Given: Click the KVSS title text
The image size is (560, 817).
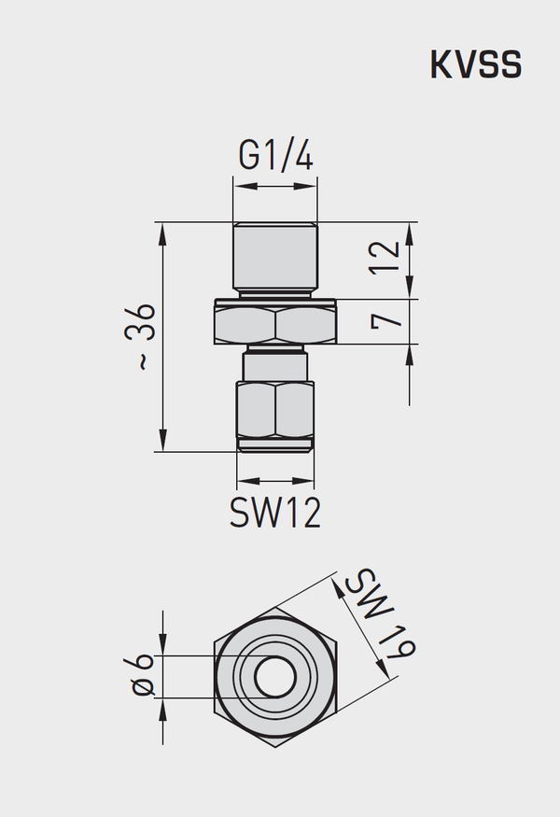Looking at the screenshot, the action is [x=476, y=64].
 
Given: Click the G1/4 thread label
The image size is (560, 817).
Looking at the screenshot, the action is [x=275, y=155].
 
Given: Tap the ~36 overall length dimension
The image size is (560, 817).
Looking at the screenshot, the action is [x=140, y=336].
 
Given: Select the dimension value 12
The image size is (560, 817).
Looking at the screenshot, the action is [x=385, y=256].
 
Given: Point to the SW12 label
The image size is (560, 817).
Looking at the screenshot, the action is [x=275, y=513].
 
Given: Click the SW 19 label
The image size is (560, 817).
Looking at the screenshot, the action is [x=380, y=613].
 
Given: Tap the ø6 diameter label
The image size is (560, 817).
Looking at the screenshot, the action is [x=142, y=675].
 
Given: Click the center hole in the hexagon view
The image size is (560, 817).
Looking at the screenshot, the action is [x=275, y=677].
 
